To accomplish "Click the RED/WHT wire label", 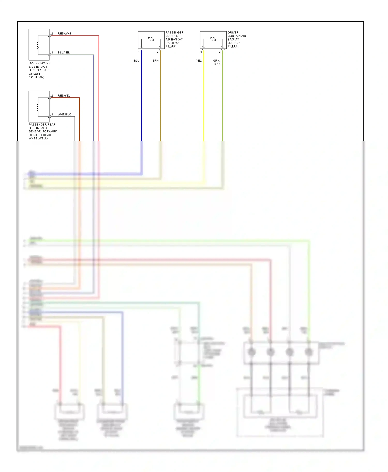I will click(64, 34).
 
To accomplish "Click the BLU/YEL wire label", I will click(64, 53).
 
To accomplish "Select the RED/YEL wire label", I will click(64, 96).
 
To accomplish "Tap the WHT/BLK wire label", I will click(64, 115).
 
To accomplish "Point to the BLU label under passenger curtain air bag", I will click(137, 61).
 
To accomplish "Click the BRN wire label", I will click(155, 61).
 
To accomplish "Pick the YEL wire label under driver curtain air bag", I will click(199, 61).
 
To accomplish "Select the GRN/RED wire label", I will click(217, 62).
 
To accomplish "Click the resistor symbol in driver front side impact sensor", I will click(38, 45).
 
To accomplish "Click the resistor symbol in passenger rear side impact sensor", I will click(38, 107).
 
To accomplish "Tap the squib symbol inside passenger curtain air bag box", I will click(151, 39).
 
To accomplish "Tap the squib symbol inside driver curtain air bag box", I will click(213, 39).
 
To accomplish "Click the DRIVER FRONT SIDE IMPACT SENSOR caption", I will click(39, 70).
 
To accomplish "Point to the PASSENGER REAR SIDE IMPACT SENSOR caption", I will click(43, 131).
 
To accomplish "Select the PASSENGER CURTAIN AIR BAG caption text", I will click(174, 39).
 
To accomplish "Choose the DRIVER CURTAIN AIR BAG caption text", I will click(236, 39).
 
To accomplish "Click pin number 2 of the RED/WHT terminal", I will click(52, 34).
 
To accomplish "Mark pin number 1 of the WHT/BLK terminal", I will click(52, 115).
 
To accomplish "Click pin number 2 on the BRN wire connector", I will click(158, 52).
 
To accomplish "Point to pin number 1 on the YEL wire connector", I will click(201, 52).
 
